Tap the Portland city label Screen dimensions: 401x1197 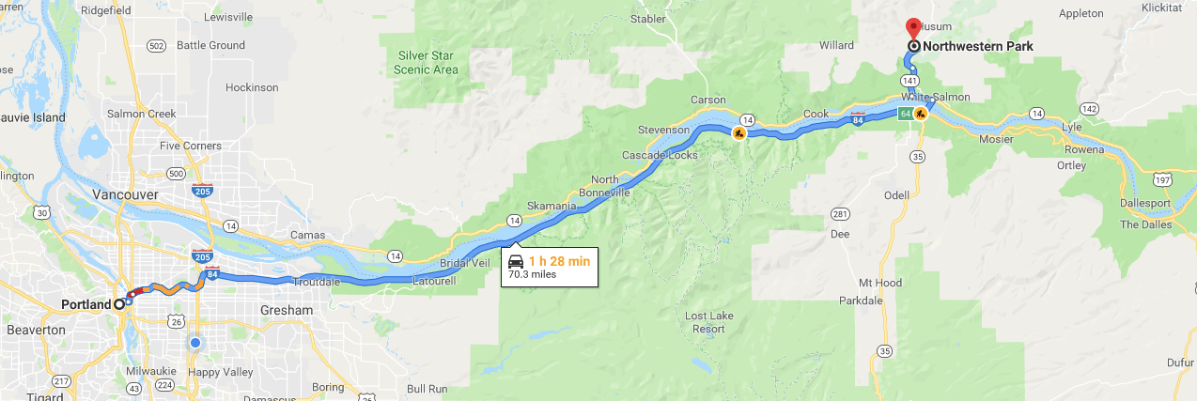tap(85, 304)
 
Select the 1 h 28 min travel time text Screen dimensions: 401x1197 tap(559, 261)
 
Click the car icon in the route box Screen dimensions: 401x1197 tap(516, 262)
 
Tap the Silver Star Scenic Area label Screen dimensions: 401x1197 tap(427, 62)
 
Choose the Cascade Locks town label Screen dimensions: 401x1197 tap(660, 155)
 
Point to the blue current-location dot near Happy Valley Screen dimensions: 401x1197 tap(194, 343)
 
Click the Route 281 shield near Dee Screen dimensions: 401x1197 tap(839, 212)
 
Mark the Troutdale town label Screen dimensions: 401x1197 tap(317, 281)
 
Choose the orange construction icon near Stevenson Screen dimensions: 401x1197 tap(739, 134)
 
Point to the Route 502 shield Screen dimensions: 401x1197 tap(157, 45)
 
